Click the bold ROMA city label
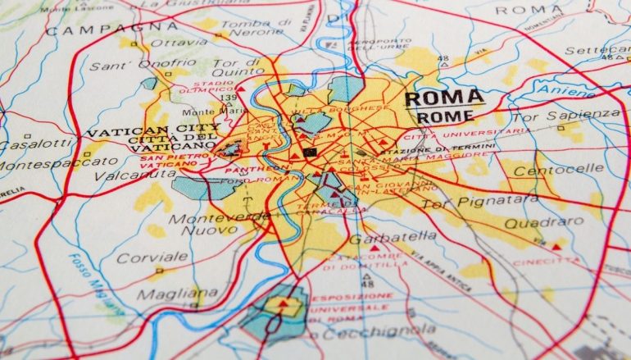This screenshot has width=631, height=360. click(444, 98)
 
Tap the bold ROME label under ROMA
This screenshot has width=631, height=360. click(445, 117)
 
